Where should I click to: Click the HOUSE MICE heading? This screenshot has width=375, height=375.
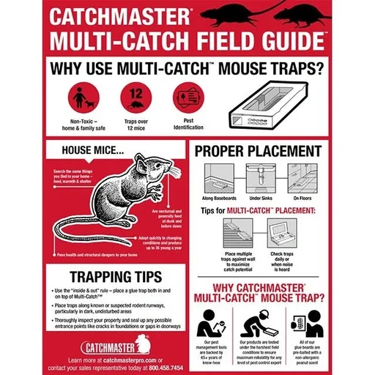pos(92,155)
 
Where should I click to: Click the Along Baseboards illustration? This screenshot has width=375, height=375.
pos(218,178)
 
